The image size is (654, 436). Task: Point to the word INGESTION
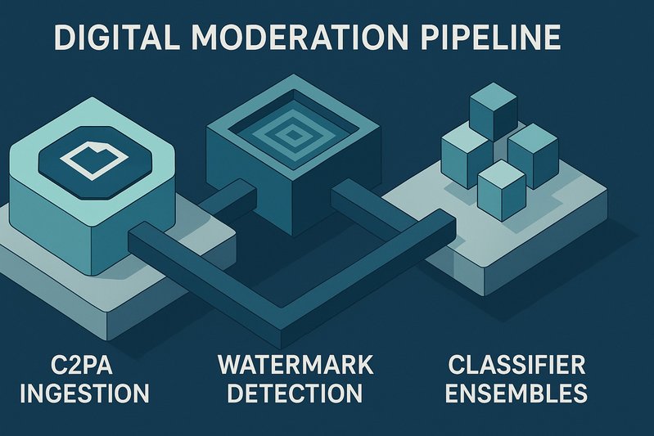pos(84,393)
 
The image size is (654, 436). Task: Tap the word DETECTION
pos(295,393)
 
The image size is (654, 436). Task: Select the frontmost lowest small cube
pos(501,187)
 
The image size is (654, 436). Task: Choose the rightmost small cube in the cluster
pos(533,154)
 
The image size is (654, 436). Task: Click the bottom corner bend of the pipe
pos(282,316)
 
